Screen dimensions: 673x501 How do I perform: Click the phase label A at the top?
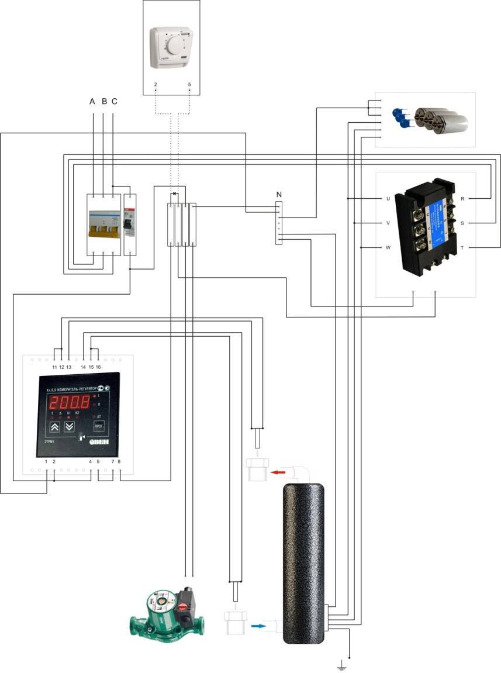[x=92, y=102]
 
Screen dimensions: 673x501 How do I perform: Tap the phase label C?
[x=114, y=102]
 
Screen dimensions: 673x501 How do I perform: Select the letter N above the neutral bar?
[x=278, y=194]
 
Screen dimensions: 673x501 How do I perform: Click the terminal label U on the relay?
[x=388, y=199]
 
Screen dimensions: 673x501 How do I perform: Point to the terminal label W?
[x=388, y=248]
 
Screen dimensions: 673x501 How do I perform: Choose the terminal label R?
[x=462, y=199]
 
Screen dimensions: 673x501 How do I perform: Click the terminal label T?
[x=462, y=248]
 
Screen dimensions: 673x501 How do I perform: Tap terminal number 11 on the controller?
[x=54, y=367]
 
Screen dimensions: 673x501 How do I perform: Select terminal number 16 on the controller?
[x=98, y=367]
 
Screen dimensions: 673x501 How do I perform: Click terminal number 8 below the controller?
[x=119, y=462]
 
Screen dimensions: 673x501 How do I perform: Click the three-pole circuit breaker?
[x=103, y=225]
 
